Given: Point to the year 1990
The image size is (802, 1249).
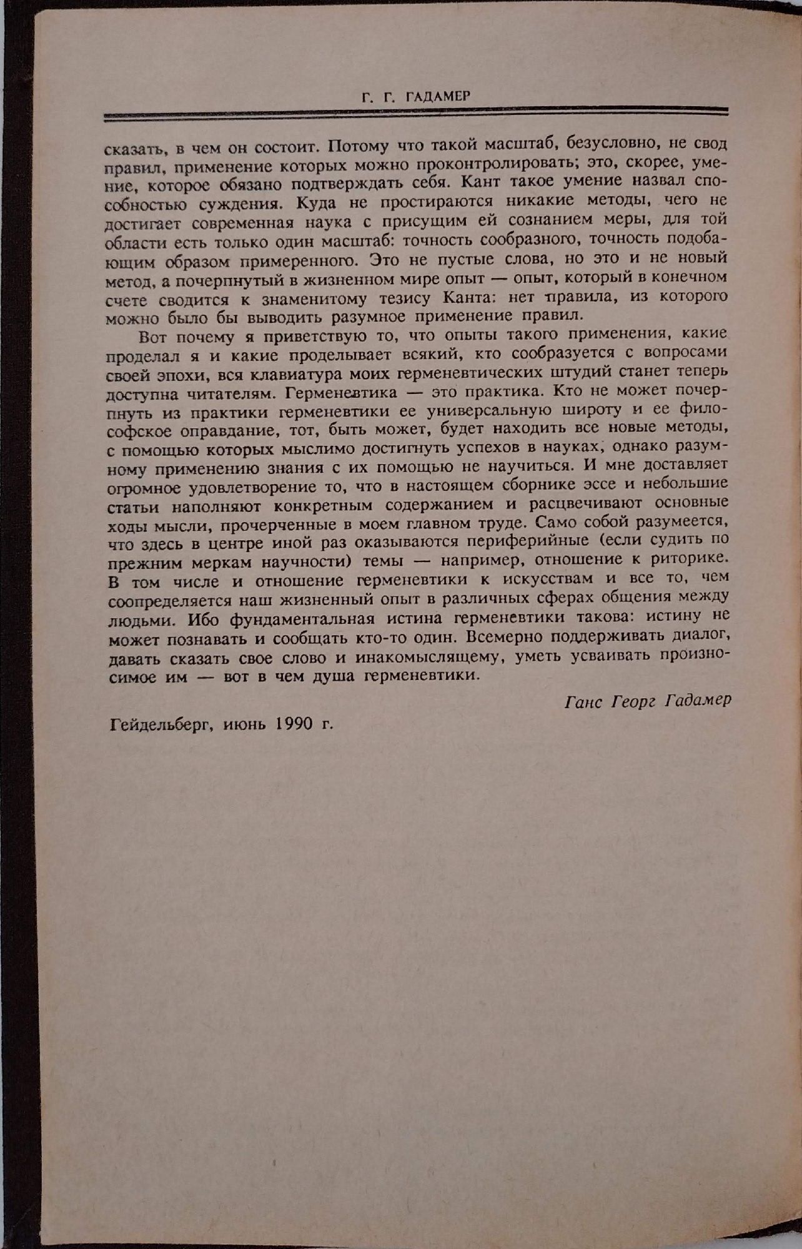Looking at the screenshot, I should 292,724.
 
